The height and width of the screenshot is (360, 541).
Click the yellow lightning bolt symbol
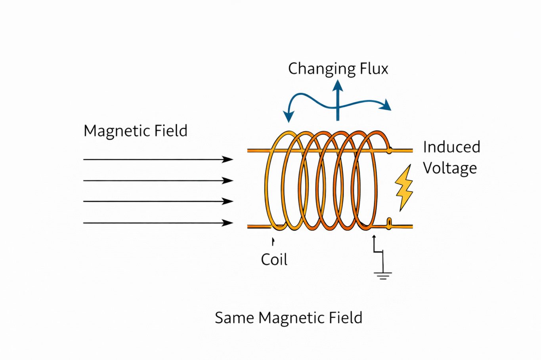tap(404, 188)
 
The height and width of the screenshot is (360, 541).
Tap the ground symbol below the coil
tap(382, 275)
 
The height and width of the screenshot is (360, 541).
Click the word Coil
tap(274, 260)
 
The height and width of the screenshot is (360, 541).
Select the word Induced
tap(451, 147)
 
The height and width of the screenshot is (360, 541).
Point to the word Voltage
tap(449, 168)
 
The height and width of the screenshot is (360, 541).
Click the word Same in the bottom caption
tap(234, 318)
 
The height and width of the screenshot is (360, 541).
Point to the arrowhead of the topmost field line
tap(228, 160)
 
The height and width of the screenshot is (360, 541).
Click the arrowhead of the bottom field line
tap(228, 223)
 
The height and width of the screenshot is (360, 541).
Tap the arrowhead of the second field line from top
tap(228, 181)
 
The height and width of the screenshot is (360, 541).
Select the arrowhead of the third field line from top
tap(228, 202)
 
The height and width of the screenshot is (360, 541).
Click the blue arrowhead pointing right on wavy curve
tap(386, 105)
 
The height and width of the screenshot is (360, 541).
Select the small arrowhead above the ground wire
tap(374, 238)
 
